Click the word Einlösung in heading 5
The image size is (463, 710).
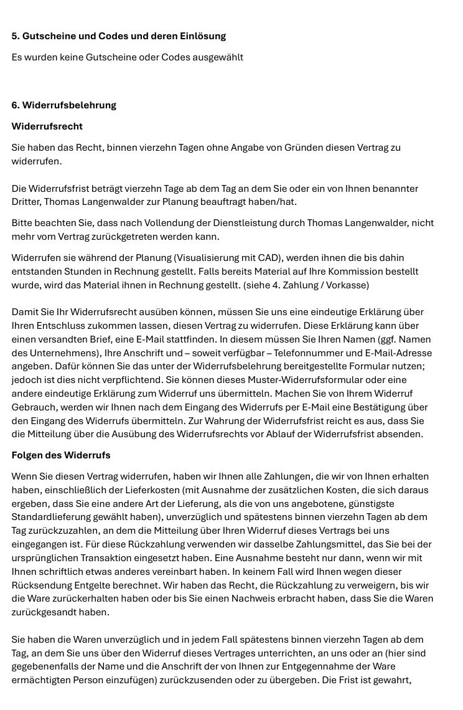point(200,36)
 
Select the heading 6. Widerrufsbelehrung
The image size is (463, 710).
point(63,105)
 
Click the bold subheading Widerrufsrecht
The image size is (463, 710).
point(47,126)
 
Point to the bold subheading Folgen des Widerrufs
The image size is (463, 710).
point(61,455)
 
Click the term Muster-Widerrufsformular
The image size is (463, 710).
point(308,380)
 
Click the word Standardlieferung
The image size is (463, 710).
point(55,517)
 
